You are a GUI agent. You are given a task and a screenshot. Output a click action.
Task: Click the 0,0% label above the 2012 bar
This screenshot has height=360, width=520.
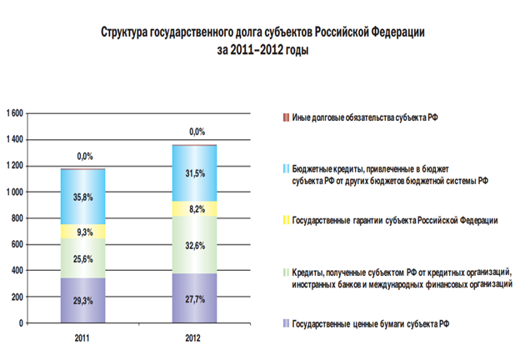196,132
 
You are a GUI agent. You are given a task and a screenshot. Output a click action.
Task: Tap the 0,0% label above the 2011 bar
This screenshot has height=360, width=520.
84,156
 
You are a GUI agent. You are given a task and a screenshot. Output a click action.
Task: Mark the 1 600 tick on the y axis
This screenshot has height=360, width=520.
15,113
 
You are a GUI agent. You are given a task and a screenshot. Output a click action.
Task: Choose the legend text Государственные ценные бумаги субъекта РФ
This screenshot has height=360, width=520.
372,322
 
